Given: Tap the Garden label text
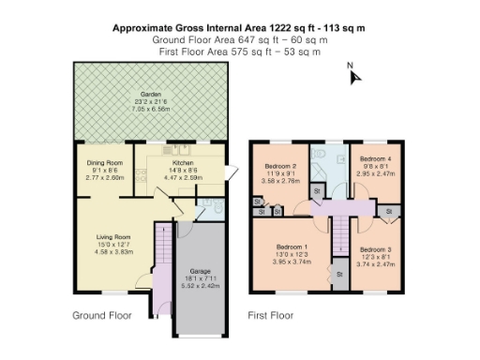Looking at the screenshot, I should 150,95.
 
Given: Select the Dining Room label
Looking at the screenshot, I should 105,162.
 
